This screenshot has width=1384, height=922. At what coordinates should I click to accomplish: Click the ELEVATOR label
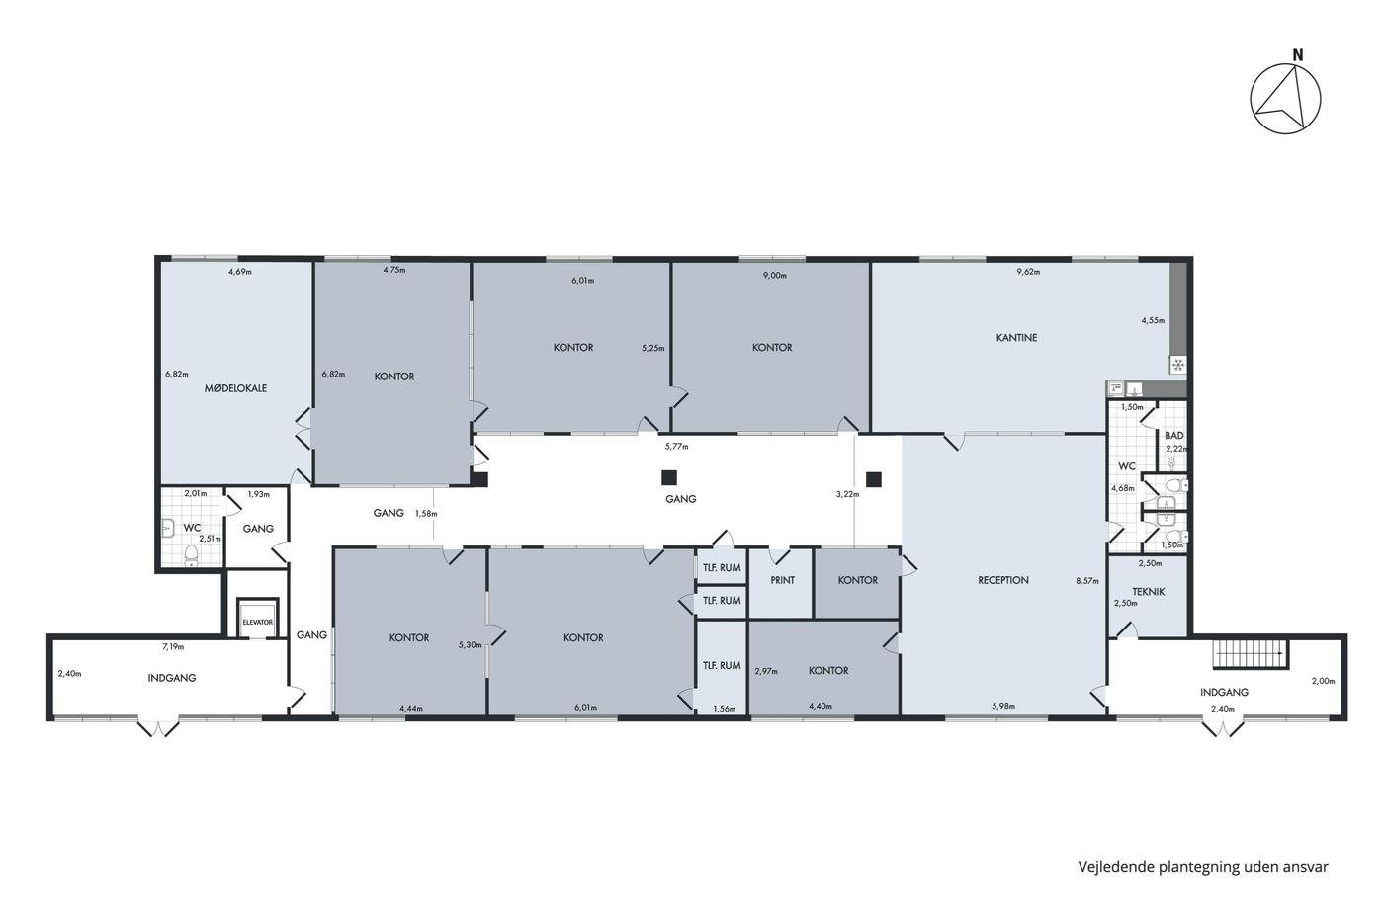tap(257, 622)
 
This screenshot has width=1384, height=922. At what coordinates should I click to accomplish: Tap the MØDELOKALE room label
tap(235, 388)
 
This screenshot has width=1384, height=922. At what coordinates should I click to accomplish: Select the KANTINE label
tap(1016, 338)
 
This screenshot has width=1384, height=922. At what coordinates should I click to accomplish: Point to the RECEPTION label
tap(1003, 580)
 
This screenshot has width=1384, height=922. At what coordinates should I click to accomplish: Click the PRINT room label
tap(782, 580)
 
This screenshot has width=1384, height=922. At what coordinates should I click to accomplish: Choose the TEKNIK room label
tap(1149, 591)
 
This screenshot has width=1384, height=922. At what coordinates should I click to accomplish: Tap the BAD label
tap(1174, 436)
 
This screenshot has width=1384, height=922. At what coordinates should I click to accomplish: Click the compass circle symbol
tap(1286, 99)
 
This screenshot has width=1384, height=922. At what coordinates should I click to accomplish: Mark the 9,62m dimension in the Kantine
tap(1029, 271)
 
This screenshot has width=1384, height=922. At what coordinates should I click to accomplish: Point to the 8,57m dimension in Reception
tap(1087, 580)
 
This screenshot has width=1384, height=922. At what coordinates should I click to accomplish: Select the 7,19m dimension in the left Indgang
tap(173, 646)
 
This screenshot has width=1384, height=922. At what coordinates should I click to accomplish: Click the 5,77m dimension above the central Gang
tap(676, 446)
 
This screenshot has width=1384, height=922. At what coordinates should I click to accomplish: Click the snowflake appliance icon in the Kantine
tap(1178, 365)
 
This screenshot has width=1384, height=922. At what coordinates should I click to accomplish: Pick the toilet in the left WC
tap(191, 553)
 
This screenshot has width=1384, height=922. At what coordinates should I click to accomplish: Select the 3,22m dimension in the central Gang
tap(848, 494)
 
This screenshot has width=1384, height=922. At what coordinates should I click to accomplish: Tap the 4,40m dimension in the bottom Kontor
tap(821, 706)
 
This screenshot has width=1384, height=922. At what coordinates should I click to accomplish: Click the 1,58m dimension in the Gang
tap(426, 513)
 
